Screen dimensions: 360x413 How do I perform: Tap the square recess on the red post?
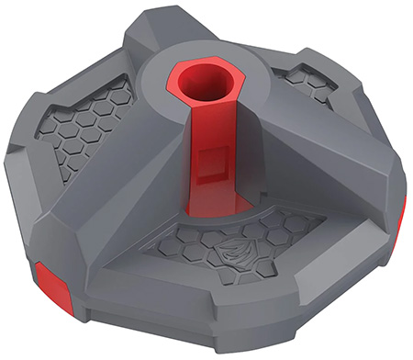pos(213,161)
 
